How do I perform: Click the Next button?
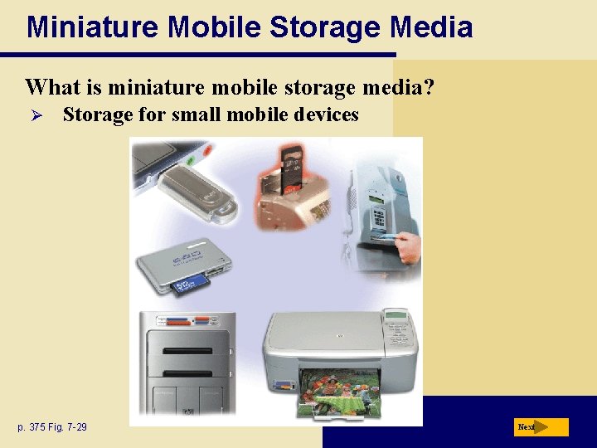[x=541, y=427]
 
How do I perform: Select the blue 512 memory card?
[x=192, y=286]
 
